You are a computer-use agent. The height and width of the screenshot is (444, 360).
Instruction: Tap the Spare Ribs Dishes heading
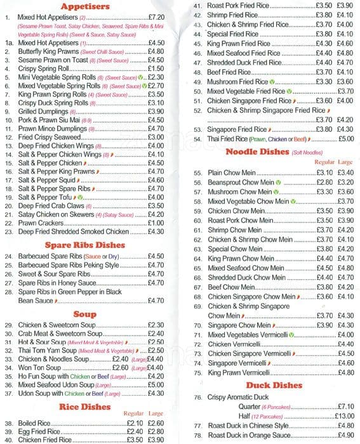click(x=84, y=245)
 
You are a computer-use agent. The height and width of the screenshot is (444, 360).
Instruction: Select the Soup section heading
click(x=85, y=314)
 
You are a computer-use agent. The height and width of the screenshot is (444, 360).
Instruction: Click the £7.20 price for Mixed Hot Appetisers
click(x=156, y=18)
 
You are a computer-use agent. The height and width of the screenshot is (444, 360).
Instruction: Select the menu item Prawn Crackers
click(x=41, y=223)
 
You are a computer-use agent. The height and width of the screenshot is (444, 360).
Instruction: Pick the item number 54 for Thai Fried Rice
click(x=197, y=139)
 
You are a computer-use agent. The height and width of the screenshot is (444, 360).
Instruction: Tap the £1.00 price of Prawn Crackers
click(x=156, y=223)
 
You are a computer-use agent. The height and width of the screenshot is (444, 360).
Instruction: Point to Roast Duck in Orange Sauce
click(x=248, y=435)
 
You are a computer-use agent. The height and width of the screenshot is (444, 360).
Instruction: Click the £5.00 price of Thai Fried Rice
click(x=346, y=139)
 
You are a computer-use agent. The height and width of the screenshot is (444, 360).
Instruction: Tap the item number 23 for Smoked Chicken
click(x=9, y=232)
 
